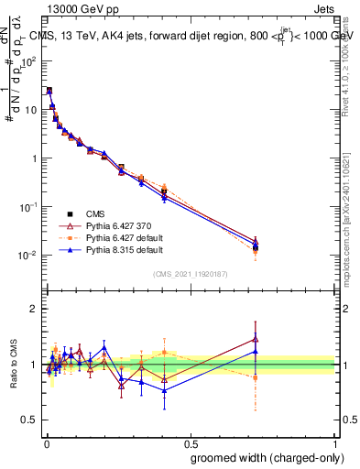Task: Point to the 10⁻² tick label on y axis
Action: click(28, 255)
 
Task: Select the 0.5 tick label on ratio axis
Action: click(30, 420)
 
